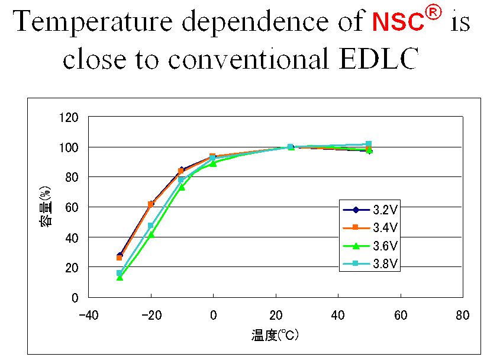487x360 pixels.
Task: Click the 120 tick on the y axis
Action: (x=69, y=117)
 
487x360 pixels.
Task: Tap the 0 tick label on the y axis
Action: (x=75, y=297)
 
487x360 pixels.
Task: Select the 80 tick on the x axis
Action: (x=463, y=315)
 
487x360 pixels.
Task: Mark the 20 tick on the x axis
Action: (x=275, y=315)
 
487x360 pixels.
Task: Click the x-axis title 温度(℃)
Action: (x=275, y=336)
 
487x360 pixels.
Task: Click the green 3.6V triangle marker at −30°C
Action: (x=120, y=277)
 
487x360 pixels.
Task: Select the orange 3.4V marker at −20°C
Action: (x=151, y=204)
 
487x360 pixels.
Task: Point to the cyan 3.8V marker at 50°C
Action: (x=369, y=144)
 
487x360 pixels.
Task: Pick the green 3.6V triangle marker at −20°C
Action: (x=151, y=234)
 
